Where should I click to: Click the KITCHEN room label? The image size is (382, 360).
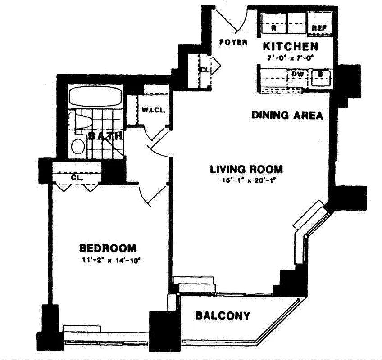[x=291, y=46]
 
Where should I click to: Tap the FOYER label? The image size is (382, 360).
[x=233, y=42]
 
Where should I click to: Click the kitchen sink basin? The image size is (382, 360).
[x=320, y=78]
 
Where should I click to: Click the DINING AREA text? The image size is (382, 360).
[x=287, y=115]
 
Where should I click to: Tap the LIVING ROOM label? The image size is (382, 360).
[x=246, y=170]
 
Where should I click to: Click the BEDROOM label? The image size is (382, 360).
[x=108, y=248]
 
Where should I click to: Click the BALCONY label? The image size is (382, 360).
[x=223, y=315]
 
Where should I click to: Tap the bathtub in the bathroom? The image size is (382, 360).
[x=95, y=96]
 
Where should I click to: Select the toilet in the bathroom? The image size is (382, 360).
[x=82, y=122]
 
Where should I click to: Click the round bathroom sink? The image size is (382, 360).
[x=78, y=146]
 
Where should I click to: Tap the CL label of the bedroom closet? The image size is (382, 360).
[x=77, y=177]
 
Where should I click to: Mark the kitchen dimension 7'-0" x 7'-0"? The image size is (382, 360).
[x=291, y=58]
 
